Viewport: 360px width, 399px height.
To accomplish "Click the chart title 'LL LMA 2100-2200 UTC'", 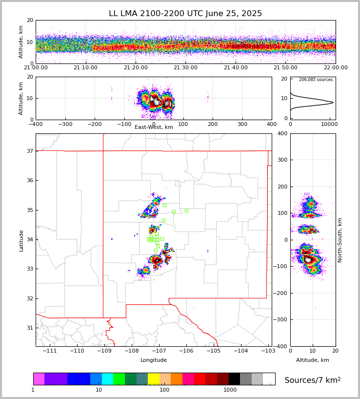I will pyautogui.click(x=185, y=14).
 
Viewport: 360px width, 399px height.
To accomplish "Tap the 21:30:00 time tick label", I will pyautogui.click(x=185, y=68).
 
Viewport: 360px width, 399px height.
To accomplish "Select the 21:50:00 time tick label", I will pyautogui.click(x=285, y=68).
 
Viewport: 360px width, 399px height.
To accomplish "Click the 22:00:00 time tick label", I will pyautogui.click(x=335, y=68).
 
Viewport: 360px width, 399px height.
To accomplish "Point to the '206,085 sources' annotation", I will pyautogui.click(x=316, y=80).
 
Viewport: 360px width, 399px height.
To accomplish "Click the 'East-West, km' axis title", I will pyautogui.click(x=154, y=127).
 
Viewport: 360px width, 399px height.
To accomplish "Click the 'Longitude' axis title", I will pyautogui.click(x=154, y=360).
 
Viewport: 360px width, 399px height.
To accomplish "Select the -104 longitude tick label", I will pyautogui.click(x=240, y=351).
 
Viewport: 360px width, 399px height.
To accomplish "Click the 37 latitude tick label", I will pyautogui.click(x=29, y=151).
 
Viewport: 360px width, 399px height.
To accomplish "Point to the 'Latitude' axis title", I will pyautogui.click(x=21, y=240).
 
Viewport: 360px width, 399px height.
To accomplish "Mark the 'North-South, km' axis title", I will pyautogui.click(x=340, y=240).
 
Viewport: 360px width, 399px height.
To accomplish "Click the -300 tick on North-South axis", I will pyautogui.click(x=282, y=319).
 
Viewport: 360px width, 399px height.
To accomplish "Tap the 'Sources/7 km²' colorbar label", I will pyautogui.click(x=313, y=380).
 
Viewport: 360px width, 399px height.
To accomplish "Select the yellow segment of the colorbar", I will pyautogui.click(x=154, y=379).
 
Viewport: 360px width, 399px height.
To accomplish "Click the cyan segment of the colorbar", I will pyautogui.click(x=107, y=379).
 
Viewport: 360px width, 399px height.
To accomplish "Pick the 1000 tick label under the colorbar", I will pyautogui.click(x=230, y=390).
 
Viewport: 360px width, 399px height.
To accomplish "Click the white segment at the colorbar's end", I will pyautogui.click(x=269, y=379).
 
